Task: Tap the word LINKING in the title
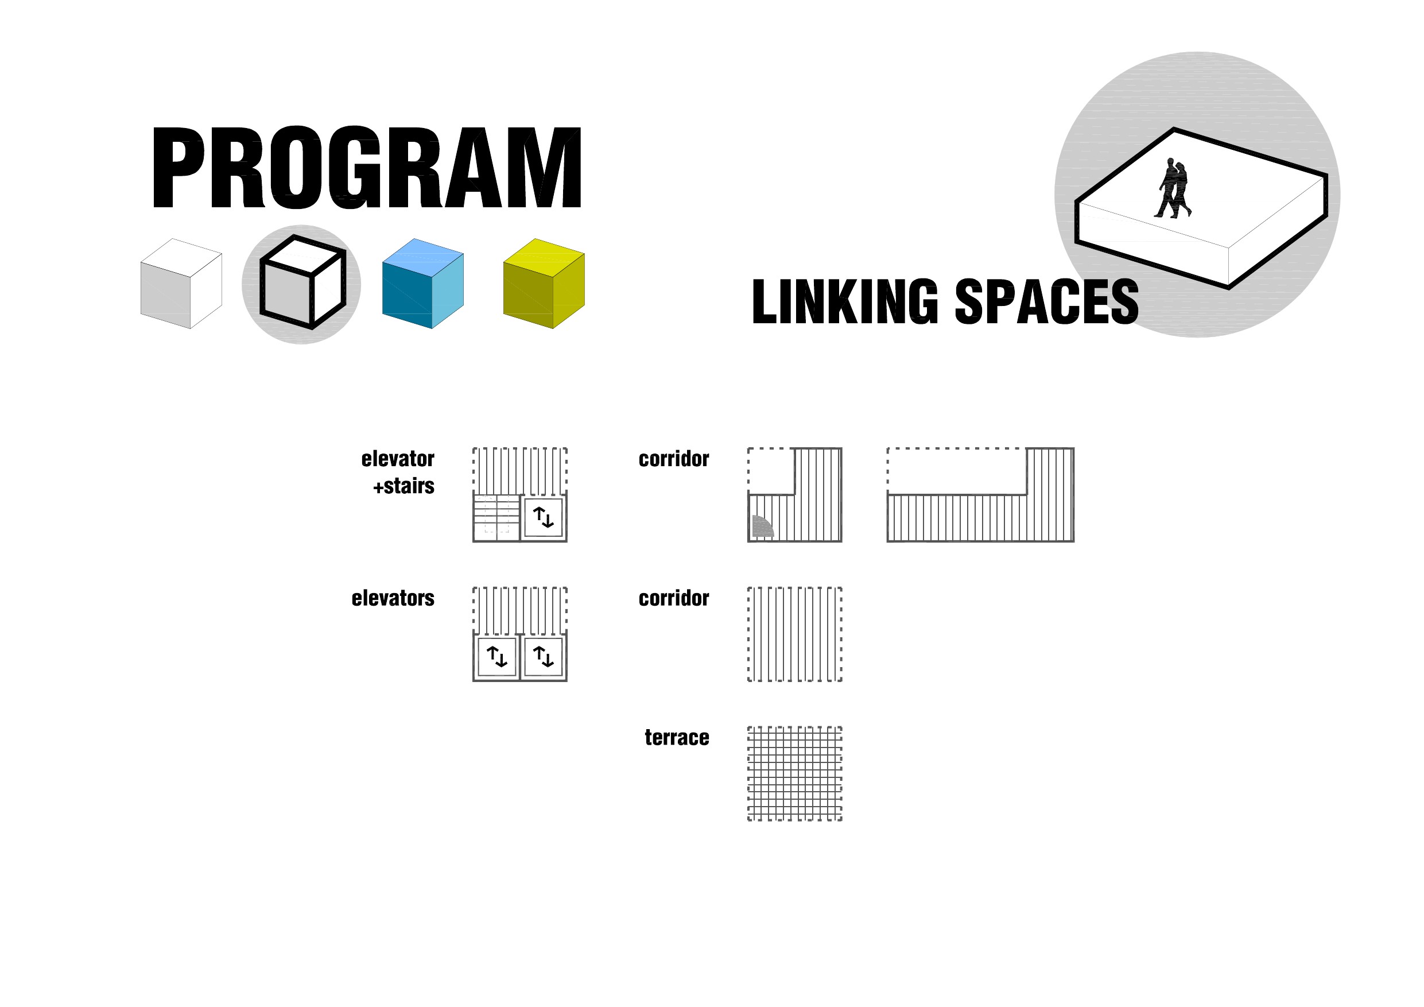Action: (845, 302)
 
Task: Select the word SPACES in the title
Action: (1046, 302)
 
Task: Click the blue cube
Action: (423, 284)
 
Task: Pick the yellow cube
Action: (544, 284)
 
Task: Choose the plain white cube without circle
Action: (181, 284)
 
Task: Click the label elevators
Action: (393, 598)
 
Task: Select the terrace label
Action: (677, 737)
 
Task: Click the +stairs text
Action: (403, 486)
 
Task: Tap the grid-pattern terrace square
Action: (794, 774)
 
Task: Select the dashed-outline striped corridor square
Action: (794, 634)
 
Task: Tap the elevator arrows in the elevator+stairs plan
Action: (544, 517)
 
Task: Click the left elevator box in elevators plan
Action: (497, 656)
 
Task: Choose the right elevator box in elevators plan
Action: (544, 656)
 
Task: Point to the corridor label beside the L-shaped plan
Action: (674, 459)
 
